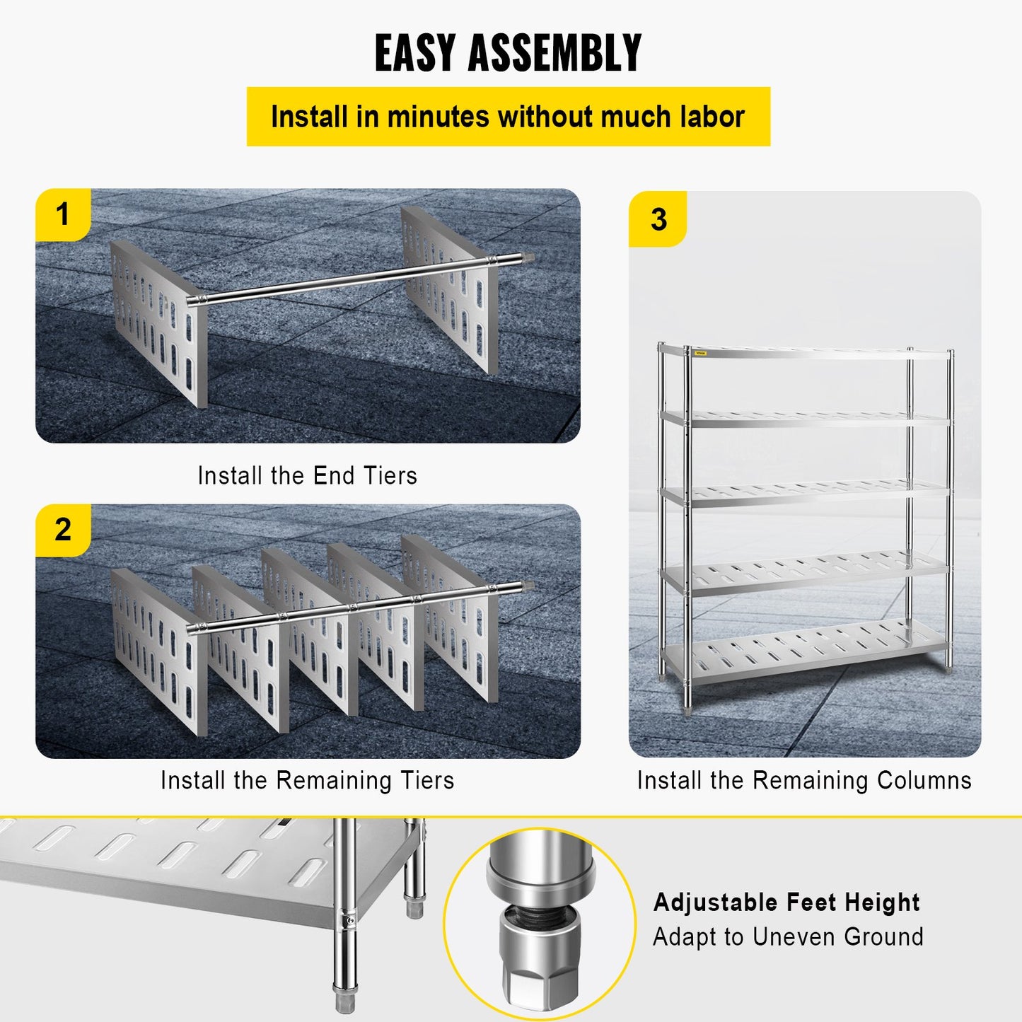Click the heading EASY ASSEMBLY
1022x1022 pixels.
(508, 53)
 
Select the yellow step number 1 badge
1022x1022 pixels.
(63, 214)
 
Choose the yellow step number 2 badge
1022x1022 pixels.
(63, 530)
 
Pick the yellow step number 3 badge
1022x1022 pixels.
(658, 219)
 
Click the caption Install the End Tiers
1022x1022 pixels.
(307, 475)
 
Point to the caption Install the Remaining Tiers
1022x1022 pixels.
(307, 780)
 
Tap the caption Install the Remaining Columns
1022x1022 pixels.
(804, 780)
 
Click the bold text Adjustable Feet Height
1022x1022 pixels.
(786, 902)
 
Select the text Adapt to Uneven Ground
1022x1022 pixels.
(788, 936)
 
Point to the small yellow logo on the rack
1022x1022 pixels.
(700, 353)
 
